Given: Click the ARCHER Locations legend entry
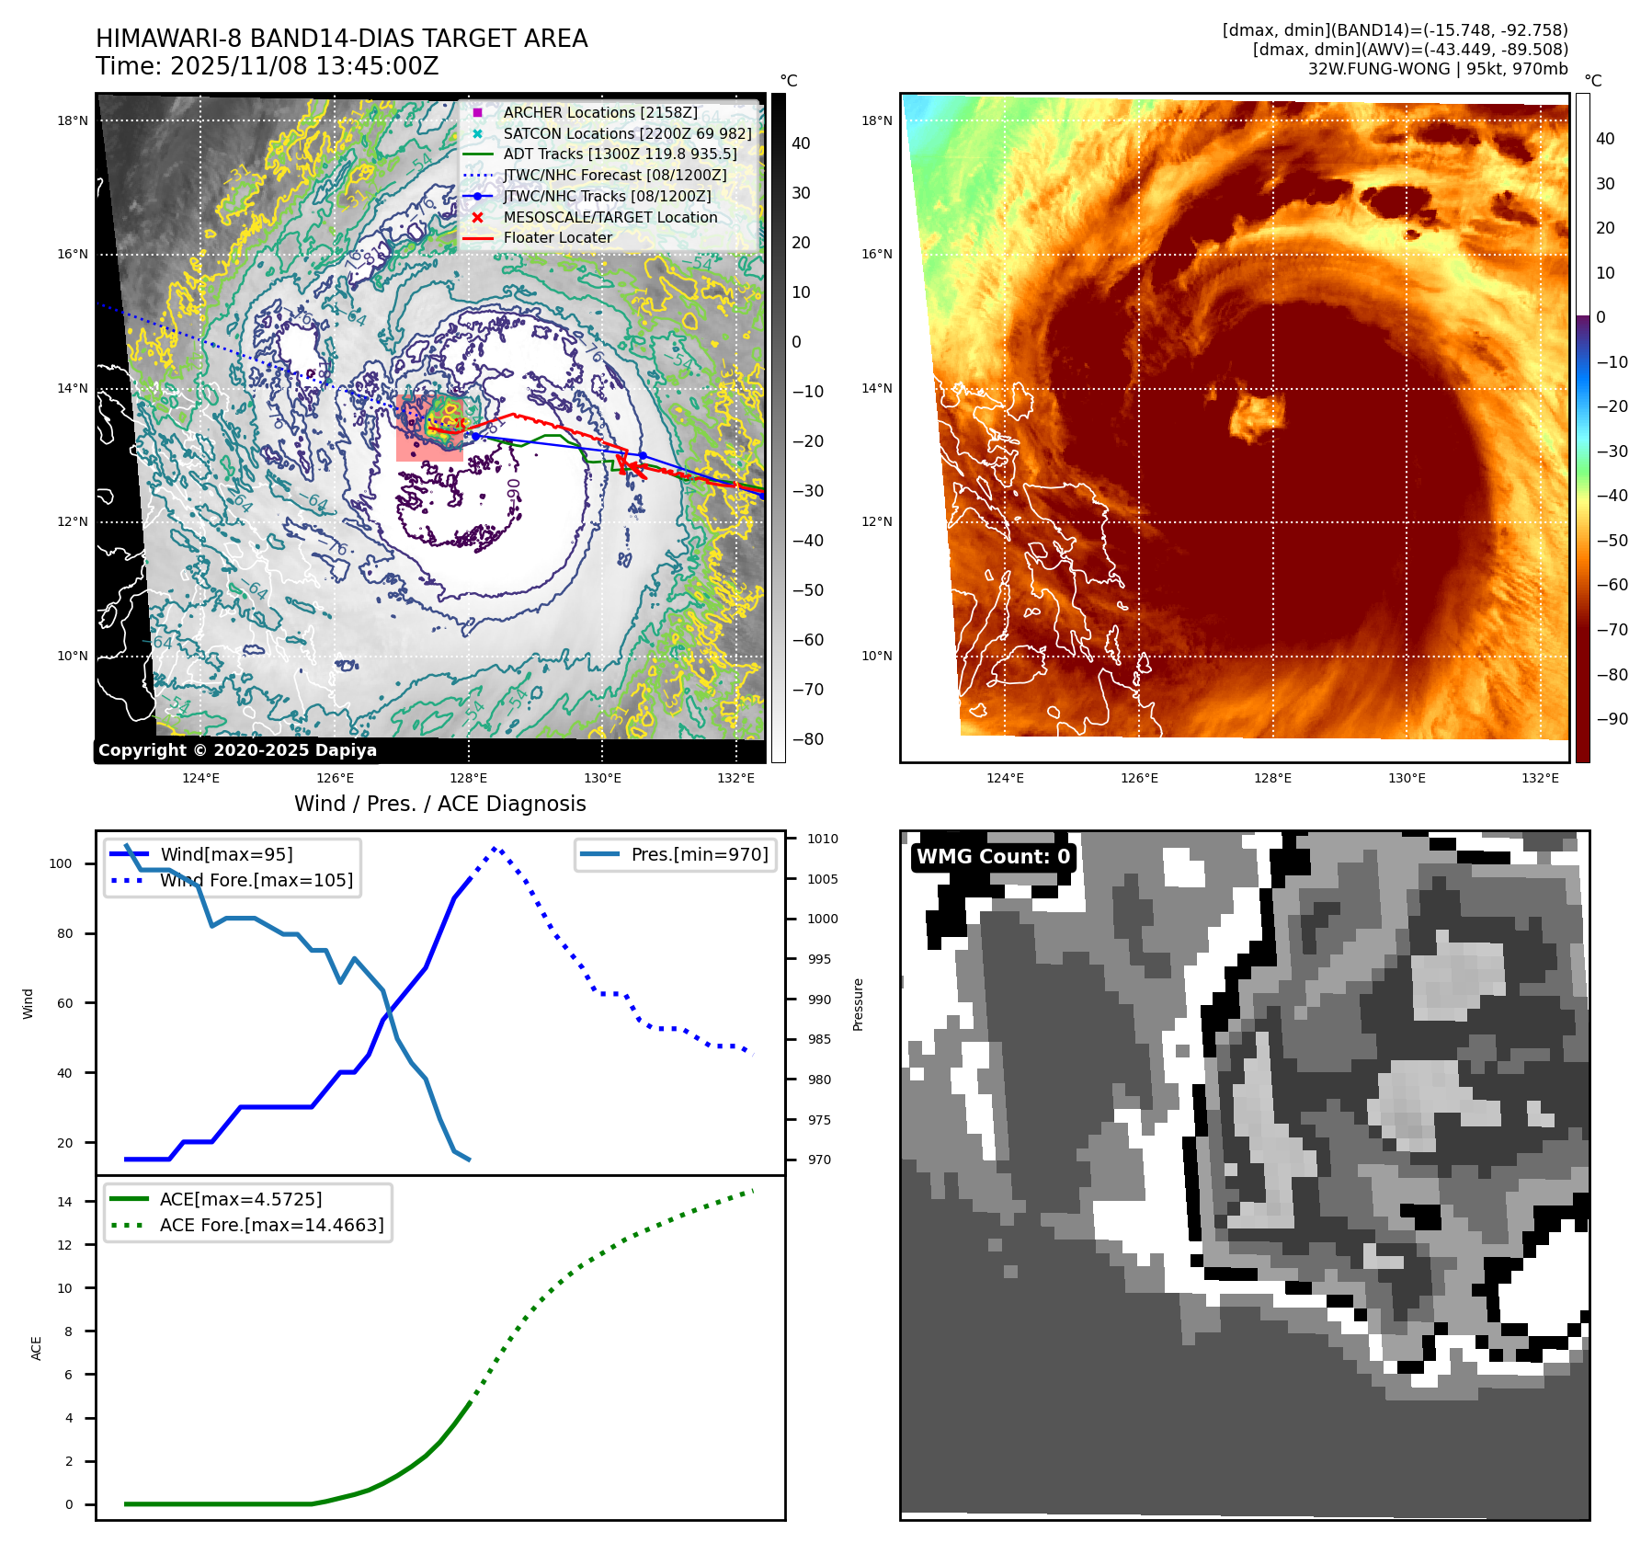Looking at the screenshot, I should click(599, 112).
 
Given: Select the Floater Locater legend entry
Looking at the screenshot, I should click(557, 237).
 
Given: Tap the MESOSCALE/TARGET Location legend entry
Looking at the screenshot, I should click(610, 217).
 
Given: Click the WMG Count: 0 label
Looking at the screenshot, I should click(993, 857).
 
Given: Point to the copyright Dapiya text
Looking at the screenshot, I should click(237, 750).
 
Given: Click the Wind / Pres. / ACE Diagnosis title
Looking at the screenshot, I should click(439, 804).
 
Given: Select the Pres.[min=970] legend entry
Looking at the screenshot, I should click(699, 854).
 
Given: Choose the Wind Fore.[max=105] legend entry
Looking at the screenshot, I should click(256, 880).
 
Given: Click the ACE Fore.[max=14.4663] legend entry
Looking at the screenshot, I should click(271, 1225).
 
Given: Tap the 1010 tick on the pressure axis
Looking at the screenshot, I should click(823, 839).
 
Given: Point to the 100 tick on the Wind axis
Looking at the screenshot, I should click(61, 863).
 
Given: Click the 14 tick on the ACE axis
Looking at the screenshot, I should click(64, 1202).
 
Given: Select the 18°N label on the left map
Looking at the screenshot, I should click(73, 120).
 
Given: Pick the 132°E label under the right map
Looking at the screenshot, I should click(1540, 778).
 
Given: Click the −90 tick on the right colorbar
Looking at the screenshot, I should click(1612, 719).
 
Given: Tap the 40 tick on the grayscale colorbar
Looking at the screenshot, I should click(801, 143).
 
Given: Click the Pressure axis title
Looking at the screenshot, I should click(858, 1004).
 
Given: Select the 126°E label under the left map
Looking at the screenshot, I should click(335, 778).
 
